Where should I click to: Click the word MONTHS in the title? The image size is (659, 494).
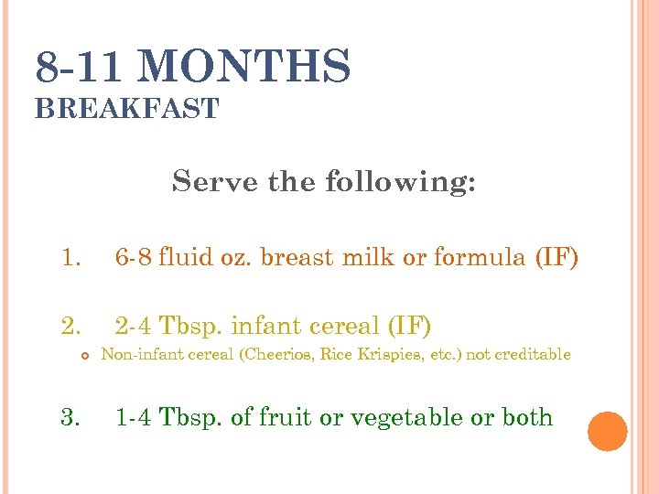tap(246, 68)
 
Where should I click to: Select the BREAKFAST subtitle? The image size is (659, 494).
tap(126, 109)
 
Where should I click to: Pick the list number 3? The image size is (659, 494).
tap(70, 417)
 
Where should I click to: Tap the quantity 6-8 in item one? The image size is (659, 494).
tap(134, 258)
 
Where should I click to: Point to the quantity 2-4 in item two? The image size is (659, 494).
tap(134, 325)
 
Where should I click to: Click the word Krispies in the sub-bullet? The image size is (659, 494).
tap(400, 355)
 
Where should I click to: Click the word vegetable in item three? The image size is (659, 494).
tap(400, 418)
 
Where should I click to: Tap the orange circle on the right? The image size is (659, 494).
tap(608, 432)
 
